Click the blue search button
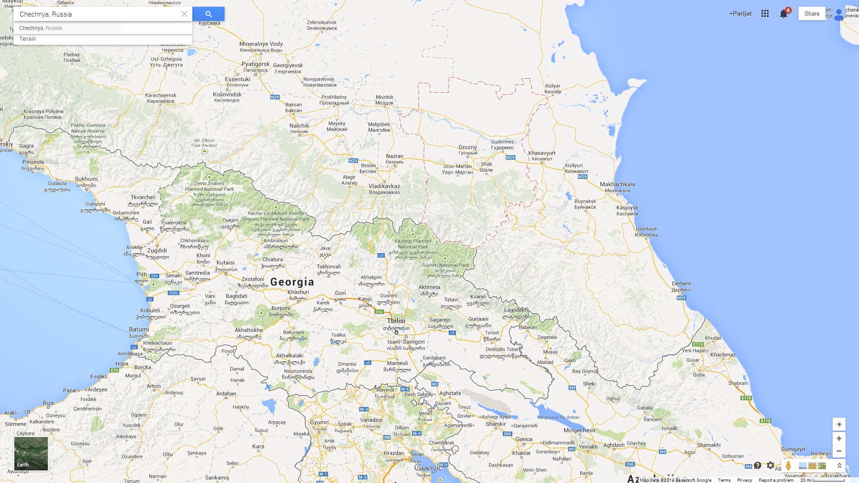coord(208,14)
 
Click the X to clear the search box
coord(184,14)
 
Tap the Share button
coord(812,13)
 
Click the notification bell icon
coord(783,14)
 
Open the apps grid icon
coord(765,13)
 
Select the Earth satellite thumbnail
coord(31,453)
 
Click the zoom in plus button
coord(839,438)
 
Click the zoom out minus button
coord(839,451)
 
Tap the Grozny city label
coord(468,147)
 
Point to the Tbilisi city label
coord(396,321)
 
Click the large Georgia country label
coord(292,282)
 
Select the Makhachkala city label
coord(617,184)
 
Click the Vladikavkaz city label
coord(384,186)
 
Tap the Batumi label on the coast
coord(139,329)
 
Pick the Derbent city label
coord(681,284)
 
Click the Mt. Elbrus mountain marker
coord(204,151)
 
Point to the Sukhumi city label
coord(86,179)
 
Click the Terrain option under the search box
coord(28,39)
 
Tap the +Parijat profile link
coord(740,13)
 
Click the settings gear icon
coord(770,466)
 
